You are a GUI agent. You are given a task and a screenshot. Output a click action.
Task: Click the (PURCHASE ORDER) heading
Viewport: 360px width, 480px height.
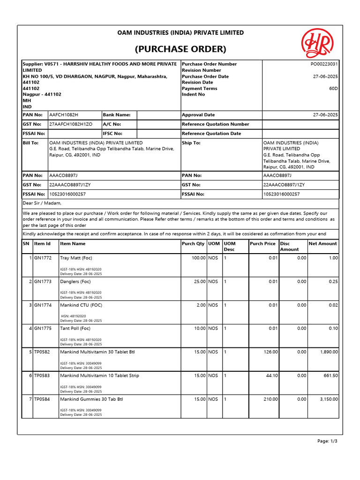coord(180,49)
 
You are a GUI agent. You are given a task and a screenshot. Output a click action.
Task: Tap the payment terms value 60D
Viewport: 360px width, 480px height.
coord(333,89)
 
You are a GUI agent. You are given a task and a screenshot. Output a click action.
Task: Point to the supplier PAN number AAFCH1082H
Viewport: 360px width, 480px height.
coord(64,115)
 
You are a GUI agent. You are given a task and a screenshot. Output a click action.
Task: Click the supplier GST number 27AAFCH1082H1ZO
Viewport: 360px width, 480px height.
coord(71,124)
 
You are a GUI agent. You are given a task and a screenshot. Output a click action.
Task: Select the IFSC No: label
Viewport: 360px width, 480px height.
coord(112,134)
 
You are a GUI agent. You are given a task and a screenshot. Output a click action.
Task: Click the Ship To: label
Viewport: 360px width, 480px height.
coord(191,143)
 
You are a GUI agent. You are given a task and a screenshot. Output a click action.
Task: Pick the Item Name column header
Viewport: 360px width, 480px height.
coord(73,244)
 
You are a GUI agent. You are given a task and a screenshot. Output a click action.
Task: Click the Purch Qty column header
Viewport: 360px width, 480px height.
coord(193,244)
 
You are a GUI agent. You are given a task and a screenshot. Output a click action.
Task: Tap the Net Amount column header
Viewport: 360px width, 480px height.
coord(322,244)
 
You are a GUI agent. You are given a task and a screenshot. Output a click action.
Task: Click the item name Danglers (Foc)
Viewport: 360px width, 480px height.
coord(75,282)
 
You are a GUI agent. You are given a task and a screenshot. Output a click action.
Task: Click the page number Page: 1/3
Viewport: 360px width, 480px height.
coord(327,442)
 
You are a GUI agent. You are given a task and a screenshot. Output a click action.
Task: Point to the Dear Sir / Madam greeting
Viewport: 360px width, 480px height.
coord(42,203)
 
